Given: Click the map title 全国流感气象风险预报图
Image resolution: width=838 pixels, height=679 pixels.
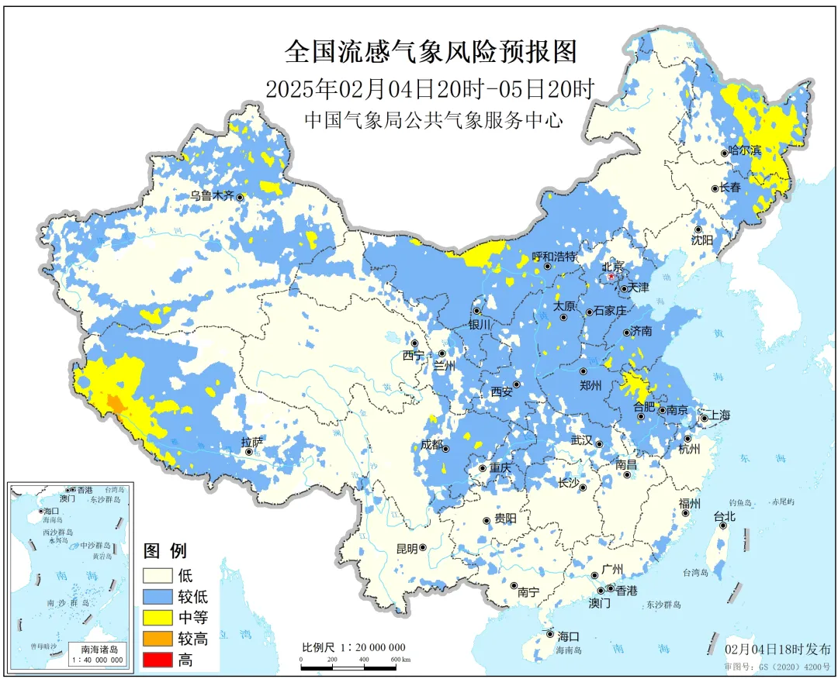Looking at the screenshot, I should [x=431, y=53].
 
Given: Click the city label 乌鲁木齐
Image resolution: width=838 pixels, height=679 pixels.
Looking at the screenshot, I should [x=212, y=196].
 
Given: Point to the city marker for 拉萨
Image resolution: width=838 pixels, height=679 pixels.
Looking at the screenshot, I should [x=250, y=452].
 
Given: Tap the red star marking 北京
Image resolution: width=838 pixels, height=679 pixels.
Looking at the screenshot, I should [x=611, y=275].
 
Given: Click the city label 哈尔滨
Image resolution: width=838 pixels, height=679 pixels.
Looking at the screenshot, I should [x=746, y=150].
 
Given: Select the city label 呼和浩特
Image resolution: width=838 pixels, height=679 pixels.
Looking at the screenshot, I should [x=554, y=257].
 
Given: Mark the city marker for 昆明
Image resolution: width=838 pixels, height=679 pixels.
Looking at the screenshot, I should [x=424, y=548].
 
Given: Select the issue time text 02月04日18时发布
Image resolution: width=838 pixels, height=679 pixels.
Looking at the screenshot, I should [x=777, y=649].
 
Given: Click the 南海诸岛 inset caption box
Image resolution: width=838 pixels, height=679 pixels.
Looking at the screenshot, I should [x=96, y=654].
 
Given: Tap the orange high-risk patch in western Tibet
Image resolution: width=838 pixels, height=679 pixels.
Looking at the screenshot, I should [x=115, y=403].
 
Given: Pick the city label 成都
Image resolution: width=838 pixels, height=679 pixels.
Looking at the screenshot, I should [x=432, y=445].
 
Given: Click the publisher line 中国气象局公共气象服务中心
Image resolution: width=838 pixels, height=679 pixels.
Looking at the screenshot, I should [x=431, y=121].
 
